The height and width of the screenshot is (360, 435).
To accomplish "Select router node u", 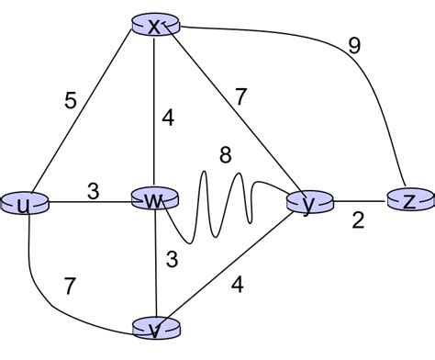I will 24,204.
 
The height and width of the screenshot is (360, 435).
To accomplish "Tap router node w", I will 155,199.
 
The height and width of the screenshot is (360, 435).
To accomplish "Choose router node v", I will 156,328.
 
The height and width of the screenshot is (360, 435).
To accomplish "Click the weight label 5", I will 70,100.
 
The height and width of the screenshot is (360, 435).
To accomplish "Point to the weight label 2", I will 357,221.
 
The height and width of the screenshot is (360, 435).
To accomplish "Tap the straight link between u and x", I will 87,116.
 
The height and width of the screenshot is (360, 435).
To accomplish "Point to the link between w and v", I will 156,266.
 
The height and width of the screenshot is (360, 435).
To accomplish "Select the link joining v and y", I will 234,265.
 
